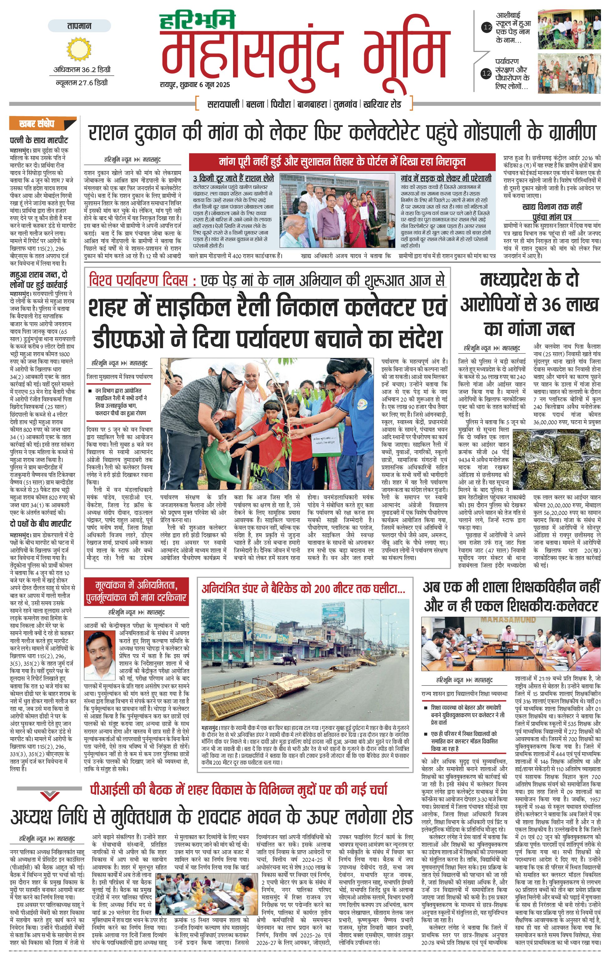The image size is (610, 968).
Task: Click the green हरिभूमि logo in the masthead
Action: click(197, 21)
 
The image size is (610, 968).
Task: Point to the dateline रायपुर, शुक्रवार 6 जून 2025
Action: click(194, 85)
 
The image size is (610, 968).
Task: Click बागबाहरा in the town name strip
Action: click(312, 104)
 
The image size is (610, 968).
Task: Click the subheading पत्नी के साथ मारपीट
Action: click(39, 140)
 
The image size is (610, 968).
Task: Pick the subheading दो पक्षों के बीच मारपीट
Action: click(41, 524)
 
